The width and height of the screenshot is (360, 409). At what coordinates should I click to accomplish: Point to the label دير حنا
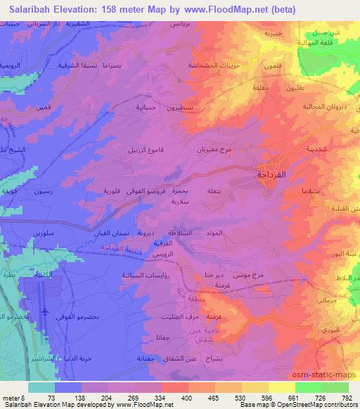coord(213,275)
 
